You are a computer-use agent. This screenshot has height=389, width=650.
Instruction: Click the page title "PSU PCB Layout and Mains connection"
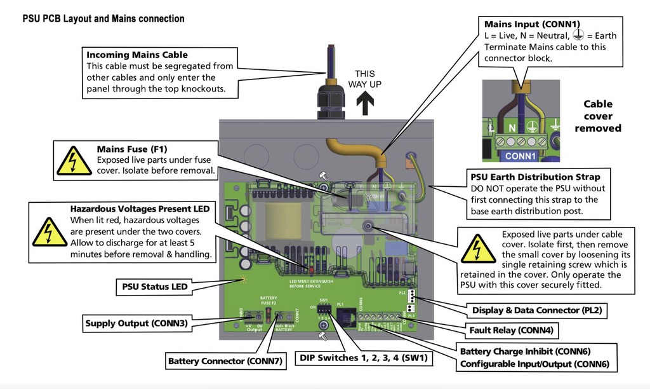103,19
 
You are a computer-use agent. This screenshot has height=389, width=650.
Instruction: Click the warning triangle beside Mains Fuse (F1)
74,161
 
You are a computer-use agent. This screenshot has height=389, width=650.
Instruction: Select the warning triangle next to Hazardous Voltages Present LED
49,232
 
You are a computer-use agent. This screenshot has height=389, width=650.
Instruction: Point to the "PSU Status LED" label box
155,287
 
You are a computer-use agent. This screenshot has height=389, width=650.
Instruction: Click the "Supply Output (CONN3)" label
136,324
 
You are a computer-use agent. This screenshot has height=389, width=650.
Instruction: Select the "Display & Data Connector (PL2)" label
536,311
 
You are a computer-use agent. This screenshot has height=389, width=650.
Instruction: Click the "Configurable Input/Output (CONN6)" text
534,364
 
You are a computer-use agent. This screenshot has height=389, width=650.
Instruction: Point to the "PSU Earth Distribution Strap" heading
535,177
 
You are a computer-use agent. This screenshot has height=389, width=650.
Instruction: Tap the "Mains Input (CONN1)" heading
531,24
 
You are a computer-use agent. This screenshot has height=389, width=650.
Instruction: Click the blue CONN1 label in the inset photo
521,155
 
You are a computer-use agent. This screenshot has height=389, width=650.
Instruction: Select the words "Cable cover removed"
598,116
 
